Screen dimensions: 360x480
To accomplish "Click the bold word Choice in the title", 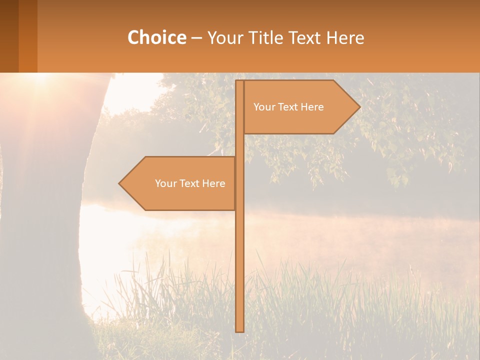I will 156,37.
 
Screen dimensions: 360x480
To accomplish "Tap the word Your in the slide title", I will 224,37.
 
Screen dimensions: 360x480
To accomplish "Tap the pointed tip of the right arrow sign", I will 359,106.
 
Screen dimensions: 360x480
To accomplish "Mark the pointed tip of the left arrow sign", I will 120,183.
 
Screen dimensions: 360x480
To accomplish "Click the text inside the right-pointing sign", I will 288,107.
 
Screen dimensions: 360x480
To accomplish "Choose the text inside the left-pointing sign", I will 190,183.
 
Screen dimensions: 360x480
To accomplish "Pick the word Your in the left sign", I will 165,183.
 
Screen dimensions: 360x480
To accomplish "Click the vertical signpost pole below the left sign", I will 239,270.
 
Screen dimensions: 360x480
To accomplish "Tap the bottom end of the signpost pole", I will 239,330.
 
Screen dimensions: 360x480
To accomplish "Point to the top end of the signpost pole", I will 239,82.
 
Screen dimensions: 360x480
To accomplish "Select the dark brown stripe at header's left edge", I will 9,36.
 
